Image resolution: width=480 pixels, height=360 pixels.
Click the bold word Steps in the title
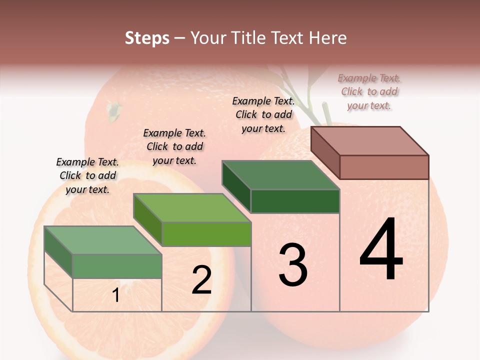pyautogui.click(x=147, y=38)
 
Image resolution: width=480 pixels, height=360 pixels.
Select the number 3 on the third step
pyautogui.click(x=293, y=264)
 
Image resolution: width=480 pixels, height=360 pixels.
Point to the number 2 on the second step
pyautogui.click(x=202, y=280)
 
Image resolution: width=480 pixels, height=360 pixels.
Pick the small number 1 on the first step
pyautogui.click(x=115, y=295)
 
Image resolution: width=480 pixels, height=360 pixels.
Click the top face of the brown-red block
pyautogui.click(x=369, y=140)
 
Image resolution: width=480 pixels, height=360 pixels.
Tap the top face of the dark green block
pyautogui.click(x=280, y=175)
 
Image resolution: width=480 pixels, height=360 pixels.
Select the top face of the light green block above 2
pyautogui.click(x=192, y=207)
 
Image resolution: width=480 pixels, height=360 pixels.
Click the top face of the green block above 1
pyautogui.click(x=103, y=240)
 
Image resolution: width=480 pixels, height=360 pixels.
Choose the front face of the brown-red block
pyautogui.click(x=384, y=167)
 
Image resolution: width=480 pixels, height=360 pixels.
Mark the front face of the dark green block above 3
pyautogui.click(x=295, y=201)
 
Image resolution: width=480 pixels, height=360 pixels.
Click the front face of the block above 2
pyautogui.click(x=206, y=234)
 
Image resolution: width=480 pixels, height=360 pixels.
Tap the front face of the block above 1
pyautogui.click(x=117, y=266)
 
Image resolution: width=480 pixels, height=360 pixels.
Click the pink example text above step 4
pyautogui.click(x=369, y=91)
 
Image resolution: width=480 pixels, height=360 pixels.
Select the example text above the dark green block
pyautogui.click(x=263, y=114)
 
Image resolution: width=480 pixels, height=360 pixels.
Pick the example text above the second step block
pyautogui.click(x=174, y=146)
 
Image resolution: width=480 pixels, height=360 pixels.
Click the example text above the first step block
pyautogui.click(x=87, y=175)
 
